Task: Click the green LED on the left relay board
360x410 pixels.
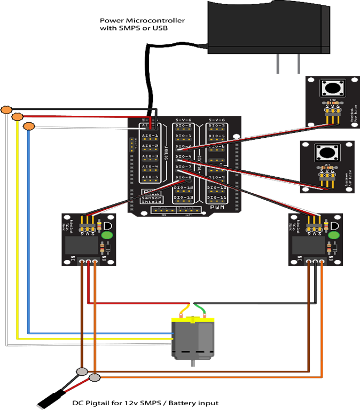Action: point(107,234)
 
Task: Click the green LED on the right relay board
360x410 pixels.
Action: point(334,234)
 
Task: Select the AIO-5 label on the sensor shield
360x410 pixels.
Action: point(150,177)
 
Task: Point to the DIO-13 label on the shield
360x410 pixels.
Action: point(183,198)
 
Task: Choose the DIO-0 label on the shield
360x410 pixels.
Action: point(183,126)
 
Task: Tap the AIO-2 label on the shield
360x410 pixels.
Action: point(150,146)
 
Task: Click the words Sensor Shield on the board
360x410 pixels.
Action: point(153,201)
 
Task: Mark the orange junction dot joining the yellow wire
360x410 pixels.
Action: point(18,117)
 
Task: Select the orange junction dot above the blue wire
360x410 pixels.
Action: point(29,126)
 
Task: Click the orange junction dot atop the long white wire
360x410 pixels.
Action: point(6,110)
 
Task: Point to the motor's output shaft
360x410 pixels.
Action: point(192,363)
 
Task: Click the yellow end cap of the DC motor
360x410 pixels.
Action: point(192,320)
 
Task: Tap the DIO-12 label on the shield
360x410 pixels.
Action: point(183,188)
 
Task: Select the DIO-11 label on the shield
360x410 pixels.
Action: point(216,198)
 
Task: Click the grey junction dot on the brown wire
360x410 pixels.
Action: point(82,372)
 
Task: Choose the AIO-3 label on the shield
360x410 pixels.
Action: point(150,156)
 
